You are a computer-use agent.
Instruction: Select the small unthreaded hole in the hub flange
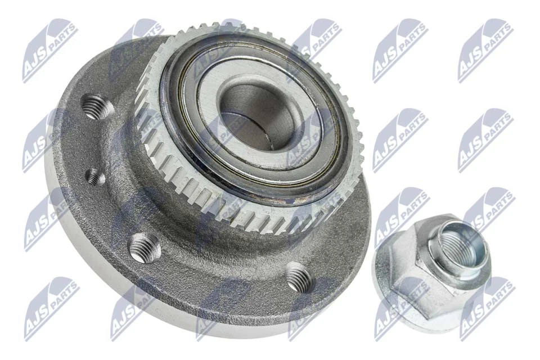94,178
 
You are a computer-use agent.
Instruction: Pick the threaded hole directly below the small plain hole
144,247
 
